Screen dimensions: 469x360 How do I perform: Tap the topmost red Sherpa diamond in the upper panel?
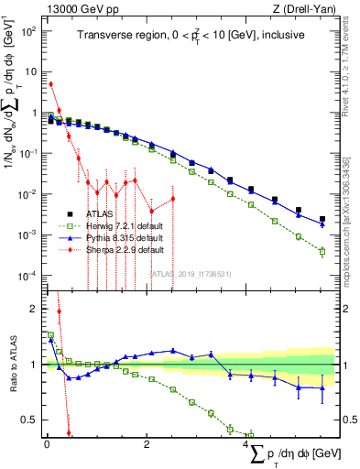click(50, 84)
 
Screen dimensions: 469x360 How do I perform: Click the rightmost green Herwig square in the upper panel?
click(322, 252)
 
